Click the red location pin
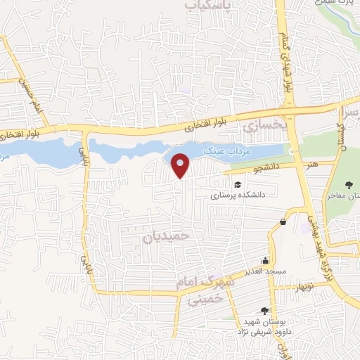181,165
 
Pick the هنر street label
311,163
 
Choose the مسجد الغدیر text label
264,271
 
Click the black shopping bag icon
283,222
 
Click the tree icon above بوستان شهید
264,309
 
